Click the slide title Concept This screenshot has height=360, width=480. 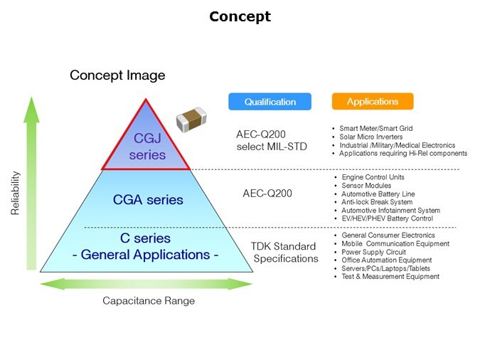(240, 16)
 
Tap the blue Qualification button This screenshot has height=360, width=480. (270, 102)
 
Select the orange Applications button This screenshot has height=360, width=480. (372, 102)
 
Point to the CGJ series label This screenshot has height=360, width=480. (149, 146)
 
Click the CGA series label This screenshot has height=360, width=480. (148, 200)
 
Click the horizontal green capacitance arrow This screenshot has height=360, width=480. (146, 285)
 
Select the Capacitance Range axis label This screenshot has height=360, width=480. (149, 301)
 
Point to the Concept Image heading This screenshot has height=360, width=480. (117, 75)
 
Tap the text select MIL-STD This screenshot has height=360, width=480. (270, 147)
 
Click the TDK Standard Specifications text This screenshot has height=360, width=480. (284, 253)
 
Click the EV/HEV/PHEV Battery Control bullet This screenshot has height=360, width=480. (387, 219)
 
